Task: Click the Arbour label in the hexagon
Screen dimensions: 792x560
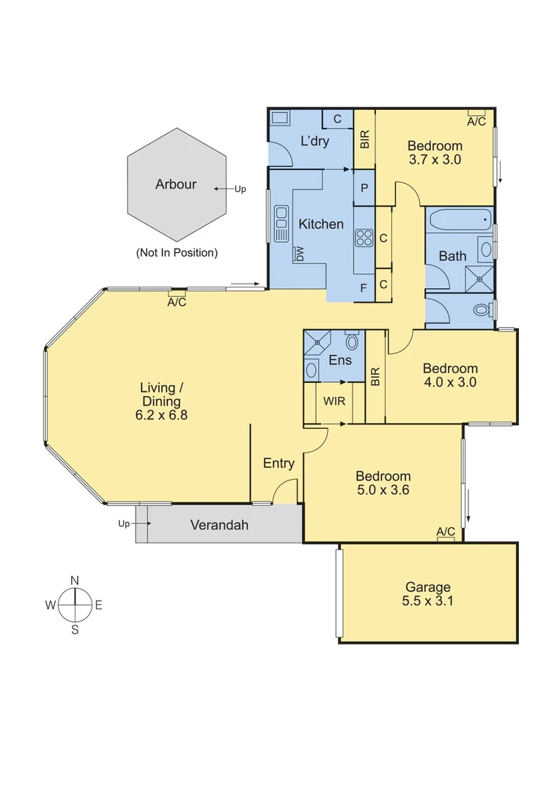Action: click(176, 184)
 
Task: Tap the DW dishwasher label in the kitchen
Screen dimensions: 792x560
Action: click(300, 254)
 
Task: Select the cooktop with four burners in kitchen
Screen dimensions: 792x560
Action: click(364, 238)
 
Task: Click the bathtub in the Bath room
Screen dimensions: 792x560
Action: click(460, 219)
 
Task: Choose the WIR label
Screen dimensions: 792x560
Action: click(334, 402)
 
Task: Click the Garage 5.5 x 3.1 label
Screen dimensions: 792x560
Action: click(428, 594)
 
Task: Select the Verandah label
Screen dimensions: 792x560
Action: click(220, 525)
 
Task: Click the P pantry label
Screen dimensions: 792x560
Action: click(364, 188)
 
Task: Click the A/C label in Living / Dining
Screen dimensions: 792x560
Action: click(177, 301)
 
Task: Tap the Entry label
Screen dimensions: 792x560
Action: click(279, 463)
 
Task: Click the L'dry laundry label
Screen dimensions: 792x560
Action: click(314, 141)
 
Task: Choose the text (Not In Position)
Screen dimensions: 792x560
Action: click(177, 253)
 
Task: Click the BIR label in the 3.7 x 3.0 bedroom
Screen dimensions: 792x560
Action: click(364, 139)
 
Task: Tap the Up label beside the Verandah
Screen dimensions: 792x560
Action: click(123, 524)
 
